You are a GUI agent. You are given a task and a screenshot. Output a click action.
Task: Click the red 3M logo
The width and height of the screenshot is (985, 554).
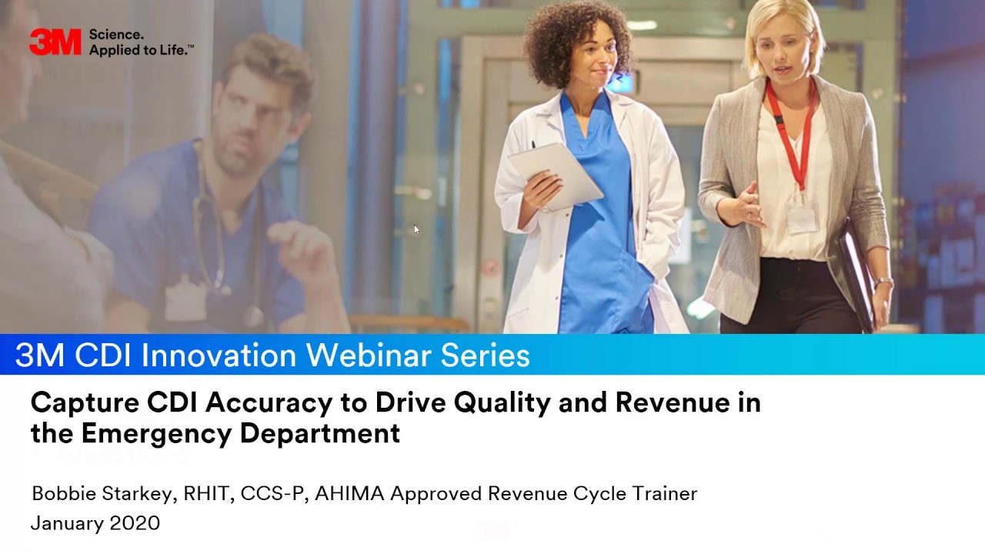(55, 42)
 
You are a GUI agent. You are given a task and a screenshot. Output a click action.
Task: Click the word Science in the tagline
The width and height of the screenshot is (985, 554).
(116, 35)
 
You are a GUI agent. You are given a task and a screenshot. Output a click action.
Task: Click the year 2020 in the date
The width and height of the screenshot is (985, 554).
(135, 523)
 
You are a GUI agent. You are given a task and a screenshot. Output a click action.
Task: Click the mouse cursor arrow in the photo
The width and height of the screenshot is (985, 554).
(416, 229)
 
